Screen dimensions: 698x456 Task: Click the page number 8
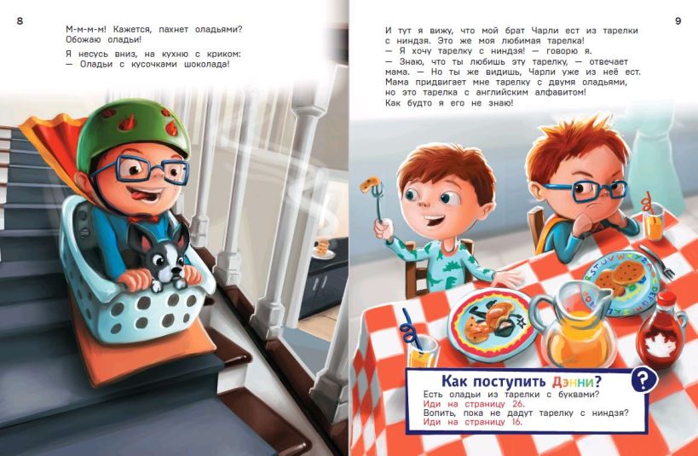tap(20, 21)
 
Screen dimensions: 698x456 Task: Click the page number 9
tap(678, 21)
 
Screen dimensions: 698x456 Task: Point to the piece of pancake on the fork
tap(371, 183)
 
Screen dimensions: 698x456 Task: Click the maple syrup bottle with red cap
tap(661, 331)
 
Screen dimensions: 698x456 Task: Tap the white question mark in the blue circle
tap(643, 379)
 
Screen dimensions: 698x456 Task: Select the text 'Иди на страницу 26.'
tap(474, 404)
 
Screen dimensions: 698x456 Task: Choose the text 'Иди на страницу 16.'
tap(473, 422)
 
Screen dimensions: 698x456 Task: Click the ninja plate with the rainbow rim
tap(493, 319)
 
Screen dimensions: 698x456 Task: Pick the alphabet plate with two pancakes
tap(621, 281)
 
